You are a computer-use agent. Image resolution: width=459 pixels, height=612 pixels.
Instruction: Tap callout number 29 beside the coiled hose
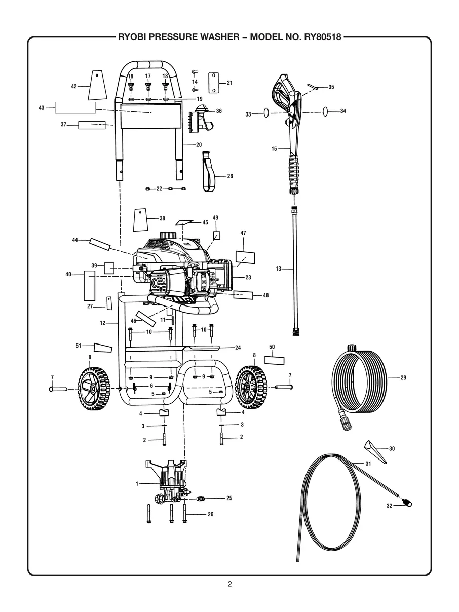(x=403, y=377)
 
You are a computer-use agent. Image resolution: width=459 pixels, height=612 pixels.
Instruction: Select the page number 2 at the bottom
(x=230, y=584)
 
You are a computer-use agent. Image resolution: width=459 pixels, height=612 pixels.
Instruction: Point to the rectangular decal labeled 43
(x=75, y=107)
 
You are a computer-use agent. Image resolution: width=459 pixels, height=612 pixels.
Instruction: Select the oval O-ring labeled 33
(x=265, y=114)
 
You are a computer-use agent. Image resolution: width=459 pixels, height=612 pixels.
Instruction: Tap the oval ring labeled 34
(x=327, y=111)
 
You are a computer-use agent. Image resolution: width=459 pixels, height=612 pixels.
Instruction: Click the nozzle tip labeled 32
(x=407, y=503)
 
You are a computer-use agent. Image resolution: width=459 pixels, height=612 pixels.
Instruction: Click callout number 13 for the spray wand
(x=278, y=269)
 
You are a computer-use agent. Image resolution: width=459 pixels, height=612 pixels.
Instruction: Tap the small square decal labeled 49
(x=216, y=235)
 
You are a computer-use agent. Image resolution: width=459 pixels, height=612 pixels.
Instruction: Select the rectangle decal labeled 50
(x=276, y=360)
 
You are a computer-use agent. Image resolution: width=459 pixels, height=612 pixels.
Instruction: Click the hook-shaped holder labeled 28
(x=208, y=172)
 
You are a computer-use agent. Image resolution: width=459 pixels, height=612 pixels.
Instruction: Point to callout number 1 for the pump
(x=136, y=484)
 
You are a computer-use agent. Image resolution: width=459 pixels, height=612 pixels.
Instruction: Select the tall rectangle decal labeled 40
(x=89, y=286)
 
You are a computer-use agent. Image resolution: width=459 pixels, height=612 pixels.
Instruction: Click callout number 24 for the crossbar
(x=238, y=348)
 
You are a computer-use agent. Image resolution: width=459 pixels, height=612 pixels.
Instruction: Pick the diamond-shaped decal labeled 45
(x=184, y=222)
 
